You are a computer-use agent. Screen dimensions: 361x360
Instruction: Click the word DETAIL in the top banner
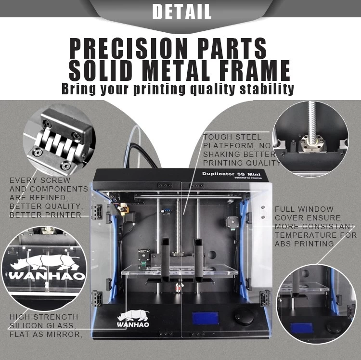click(182, 12)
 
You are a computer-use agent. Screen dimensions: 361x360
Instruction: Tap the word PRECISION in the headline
click(128, 48)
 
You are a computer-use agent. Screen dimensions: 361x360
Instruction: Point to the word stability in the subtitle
click(267, 89)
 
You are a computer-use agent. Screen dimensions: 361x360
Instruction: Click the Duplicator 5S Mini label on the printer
click(232, 174)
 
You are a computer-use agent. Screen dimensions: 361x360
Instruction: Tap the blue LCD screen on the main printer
click(205, 318)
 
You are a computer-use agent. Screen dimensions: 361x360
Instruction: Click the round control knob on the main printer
click(244, 317)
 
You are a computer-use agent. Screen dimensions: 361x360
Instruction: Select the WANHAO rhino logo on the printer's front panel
click(133, 318)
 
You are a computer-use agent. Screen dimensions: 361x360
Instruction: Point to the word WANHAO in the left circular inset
click(47, 276)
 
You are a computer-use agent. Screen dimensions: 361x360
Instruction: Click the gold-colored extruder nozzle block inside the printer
click(123, 209)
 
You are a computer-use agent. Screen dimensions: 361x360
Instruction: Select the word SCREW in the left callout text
click(55, 180)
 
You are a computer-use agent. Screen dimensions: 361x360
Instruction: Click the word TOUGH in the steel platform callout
click(215, 137)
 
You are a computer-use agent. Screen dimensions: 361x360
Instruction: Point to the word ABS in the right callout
click(283, 244)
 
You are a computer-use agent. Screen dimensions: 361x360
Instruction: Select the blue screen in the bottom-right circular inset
click(301, 328)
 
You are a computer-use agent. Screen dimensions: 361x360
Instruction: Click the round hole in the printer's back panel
click(212, 255)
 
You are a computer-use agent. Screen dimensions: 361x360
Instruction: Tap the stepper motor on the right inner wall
click(232, 222)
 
